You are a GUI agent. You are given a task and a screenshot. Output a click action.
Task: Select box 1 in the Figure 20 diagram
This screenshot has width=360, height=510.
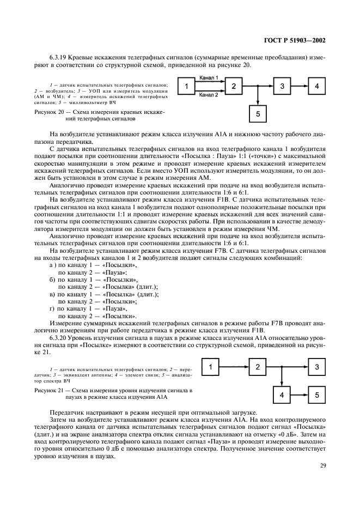coord(187,87)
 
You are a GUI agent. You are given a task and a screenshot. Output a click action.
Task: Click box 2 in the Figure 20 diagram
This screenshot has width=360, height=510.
coord(233,87)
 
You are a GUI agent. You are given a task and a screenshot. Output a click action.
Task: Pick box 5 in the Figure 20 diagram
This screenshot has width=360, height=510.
coord(258,114)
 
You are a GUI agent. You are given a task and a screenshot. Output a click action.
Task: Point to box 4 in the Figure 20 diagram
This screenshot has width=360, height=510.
coord(316,87)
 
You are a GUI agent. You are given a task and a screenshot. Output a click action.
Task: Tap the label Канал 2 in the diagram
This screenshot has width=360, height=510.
coord(209,95)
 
